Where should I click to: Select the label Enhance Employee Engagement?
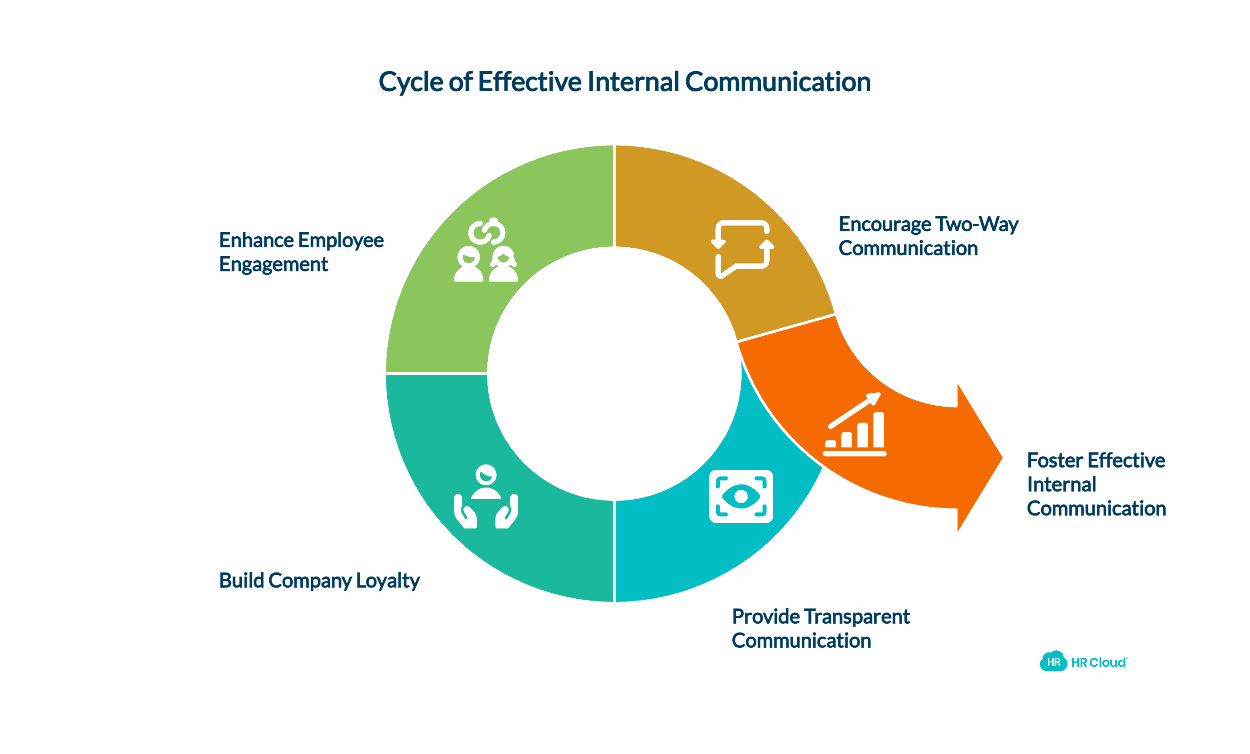[301, 252]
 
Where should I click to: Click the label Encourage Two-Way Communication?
[928, 236]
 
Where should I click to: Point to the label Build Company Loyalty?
[319, 581]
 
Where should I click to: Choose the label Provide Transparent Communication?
[820, 629]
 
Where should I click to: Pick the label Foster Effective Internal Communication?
[1096, 485]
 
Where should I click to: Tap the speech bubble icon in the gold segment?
[742, 249]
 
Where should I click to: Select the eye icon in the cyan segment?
[741, 496]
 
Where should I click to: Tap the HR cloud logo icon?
[1053, 662]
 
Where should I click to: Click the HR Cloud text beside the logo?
[1098, 663]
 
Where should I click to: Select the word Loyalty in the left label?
[388, 581]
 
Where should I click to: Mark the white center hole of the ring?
[614, 374]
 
